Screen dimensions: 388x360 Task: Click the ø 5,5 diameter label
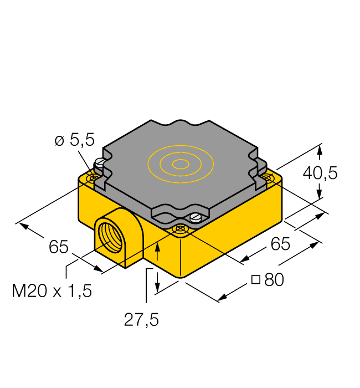pos(75,141)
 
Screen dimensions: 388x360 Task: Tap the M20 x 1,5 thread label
pos(52,290)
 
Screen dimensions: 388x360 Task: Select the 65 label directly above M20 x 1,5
pos(58,247)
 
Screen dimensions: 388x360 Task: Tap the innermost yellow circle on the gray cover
pos(180,164)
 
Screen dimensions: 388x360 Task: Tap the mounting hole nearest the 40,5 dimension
pos(268,177)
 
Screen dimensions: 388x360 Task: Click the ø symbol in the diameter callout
pos(59,141)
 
